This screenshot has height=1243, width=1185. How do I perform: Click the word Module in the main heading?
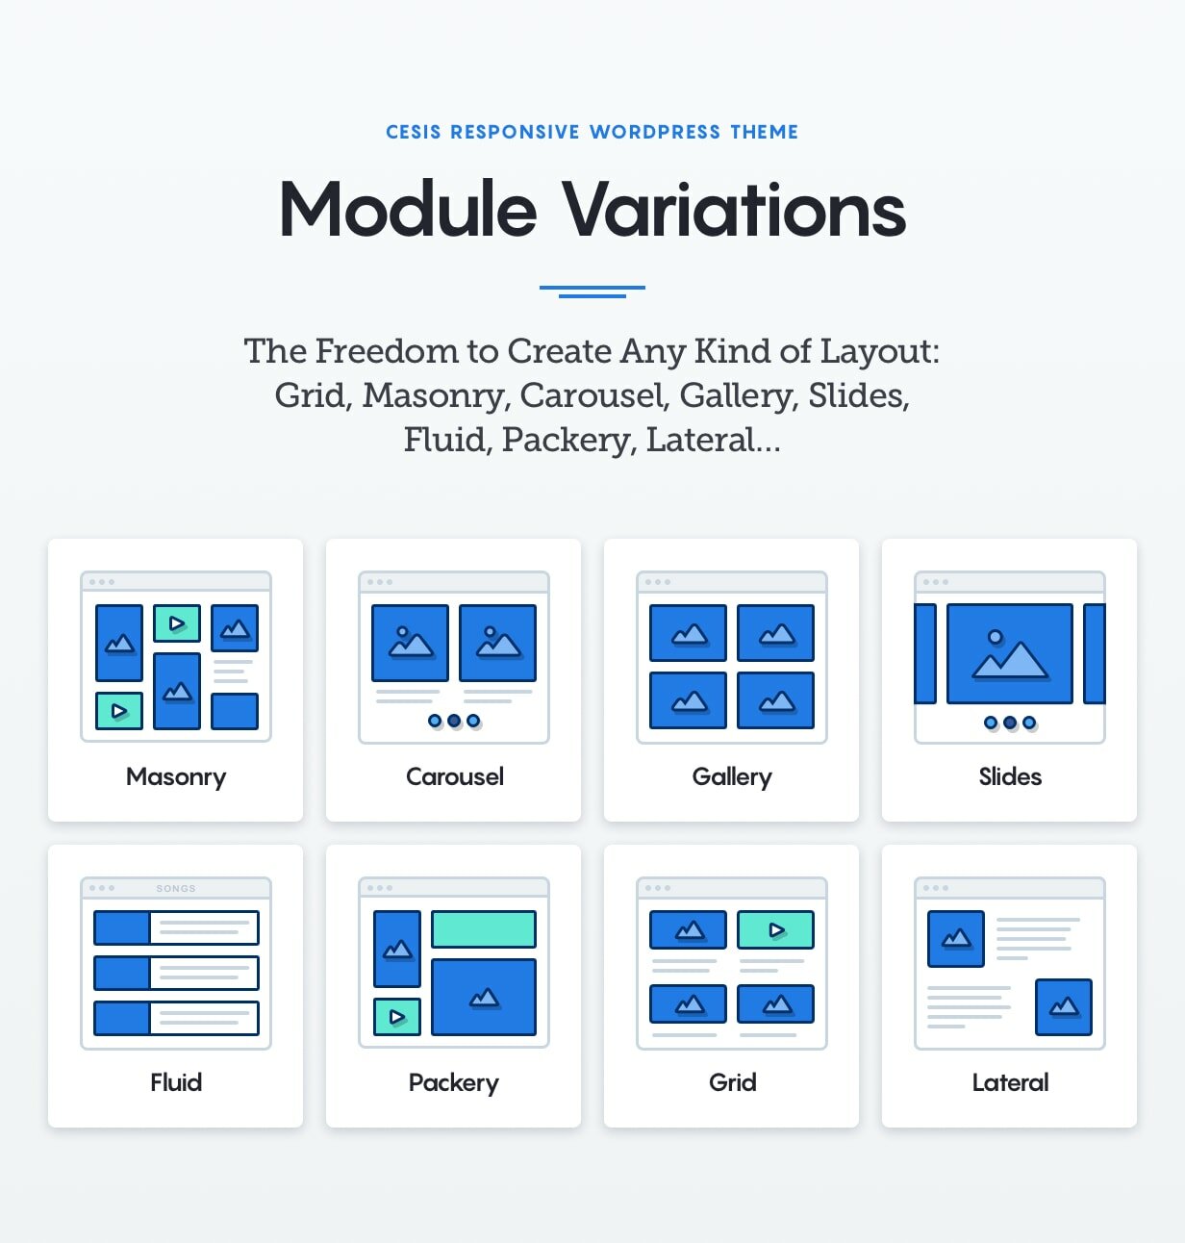click(408, 209)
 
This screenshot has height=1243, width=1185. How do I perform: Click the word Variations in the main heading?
click(735, 209)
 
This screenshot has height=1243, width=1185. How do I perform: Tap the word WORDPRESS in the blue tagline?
click(654, 132)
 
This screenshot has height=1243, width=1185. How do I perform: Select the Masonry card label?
click(176, 777)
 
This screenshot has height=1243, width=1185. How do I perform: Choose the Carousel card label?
click(455, 776)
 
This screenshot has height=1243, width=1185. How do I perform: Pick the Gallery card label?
click(732, 777)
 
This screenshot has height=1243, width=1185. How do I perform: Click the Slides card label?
click(1010, 776)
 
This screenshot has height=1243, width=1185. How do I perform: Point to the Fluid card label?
click(176, 1082)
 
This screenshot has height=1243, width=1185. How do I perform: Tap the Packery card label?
click(453, 1083)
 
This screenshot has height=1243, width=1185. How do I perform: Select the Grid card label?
click(732, 1082)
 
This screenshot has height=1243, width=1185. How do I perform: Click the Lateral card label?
click(1010, 1082)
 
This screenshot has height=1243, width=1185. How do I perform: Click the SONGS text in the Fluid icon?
click(176, 888)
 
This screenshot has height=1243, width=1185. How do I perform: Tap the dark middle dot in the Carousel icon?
click(454, 721)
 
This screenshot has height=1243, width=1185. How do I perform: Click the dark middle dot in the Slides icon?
click(1010, 722)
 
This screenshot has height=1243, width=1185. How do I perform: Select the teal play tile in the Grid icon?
click(775, 929)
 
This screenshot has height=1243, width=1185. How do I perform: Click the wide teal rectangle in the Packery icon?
click(484, 928)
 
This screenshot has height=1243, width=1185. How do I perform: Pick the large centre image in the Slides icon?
click(1010, 654)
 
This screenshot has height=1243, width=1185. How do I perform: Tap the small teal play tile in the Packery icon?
click(397, 1017)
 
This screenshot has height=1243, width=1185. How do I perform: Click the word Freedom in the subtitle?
click(387, 350)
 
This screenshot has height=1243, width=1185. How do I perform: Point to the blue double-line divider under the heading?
click(592, 292)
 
